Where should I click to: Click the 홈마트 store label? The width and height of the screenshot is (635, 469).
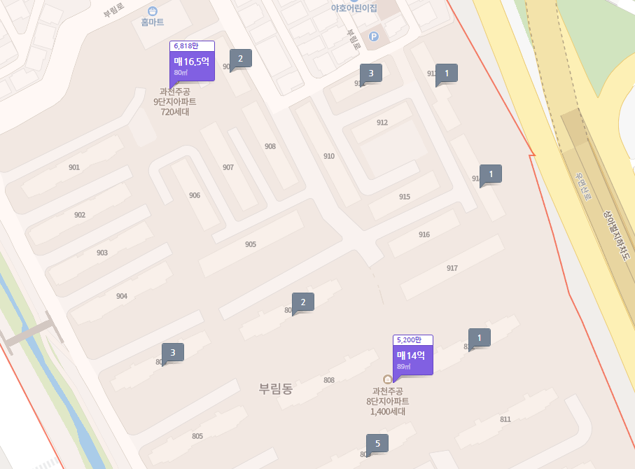pyautogui.click(x=152, y=22)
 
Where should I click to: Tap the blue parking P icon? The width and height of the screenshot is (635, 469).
pyautogui.click(x=373, y=36)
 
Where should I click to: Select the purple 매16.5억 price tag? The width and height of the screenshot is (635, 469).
pyautogui.click(x=192, y=65)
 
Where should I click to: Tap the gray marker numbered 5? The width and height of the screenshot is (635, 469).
pyautogui.click(x=377, y=443)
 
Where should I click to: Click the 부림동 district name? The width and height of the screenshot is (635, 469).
pyautogui.click(x=276, y=389)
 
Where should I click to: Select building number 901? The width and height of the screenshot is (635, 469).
pyautogui.click(x=74, y=167)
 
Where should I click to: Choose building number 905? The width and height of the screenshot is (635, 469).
pyautogui.click(x=251, y=244)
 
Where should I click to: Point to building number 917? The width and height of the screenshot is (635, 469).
pyautogui.click(x=452, y=268)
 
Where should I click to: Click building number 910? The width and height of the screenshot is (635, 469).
pyautogui.click(x=329, y=156)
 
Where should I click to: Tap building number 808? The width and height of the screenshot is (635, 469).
pyautogui.click(x=329, y=380)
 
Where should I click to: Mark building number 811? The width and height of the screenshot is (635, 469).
pyautogui.click(x=505, y=419)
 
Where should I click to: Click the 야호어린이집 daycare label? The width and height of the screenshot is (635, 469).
pyautogui.click(x=354, y=8)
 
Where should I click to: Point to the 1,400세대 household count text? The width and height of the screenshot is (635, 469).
pyautogui.click(x=388, y=412)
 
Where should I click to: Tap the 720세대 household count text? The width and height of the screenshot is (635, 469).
pyautogui.click(x=175, y=112)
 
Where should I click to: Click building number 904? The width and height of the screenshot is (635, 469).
pyautogui.click(x=122, y=296)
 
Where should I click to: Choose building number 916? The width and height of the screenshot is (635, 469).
pyautogui.click(x=424, y=234)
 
